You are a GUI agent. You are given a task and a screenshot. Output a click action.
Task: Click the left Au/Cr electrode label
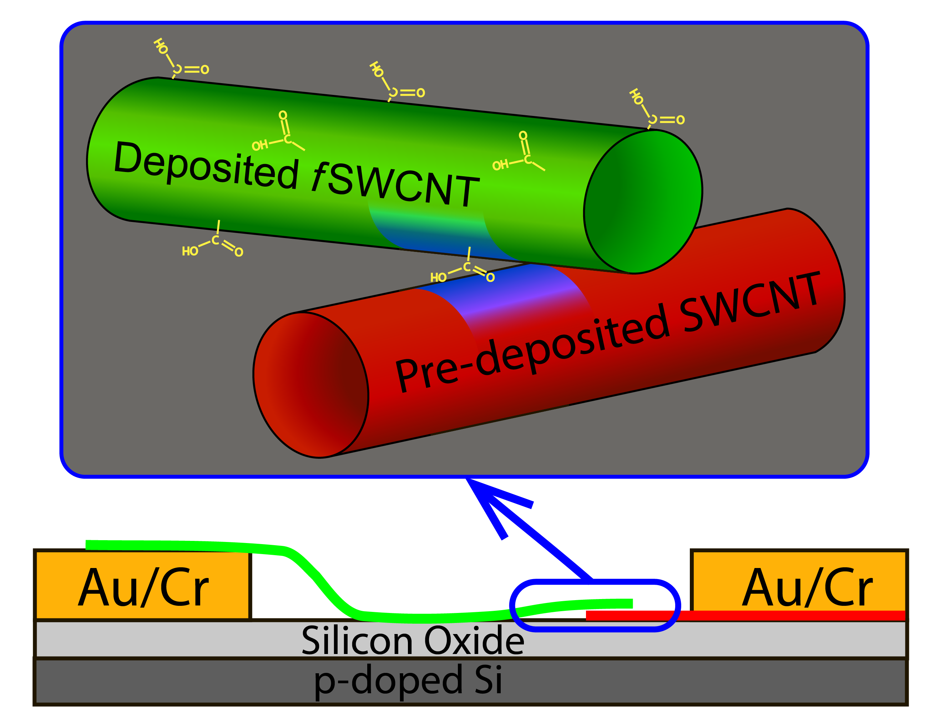pyautogui.click(x=143, y=587)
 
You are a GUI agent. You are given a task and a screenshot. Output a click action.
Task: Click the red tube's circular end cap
pyautogui.click(x=310, y=385)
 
